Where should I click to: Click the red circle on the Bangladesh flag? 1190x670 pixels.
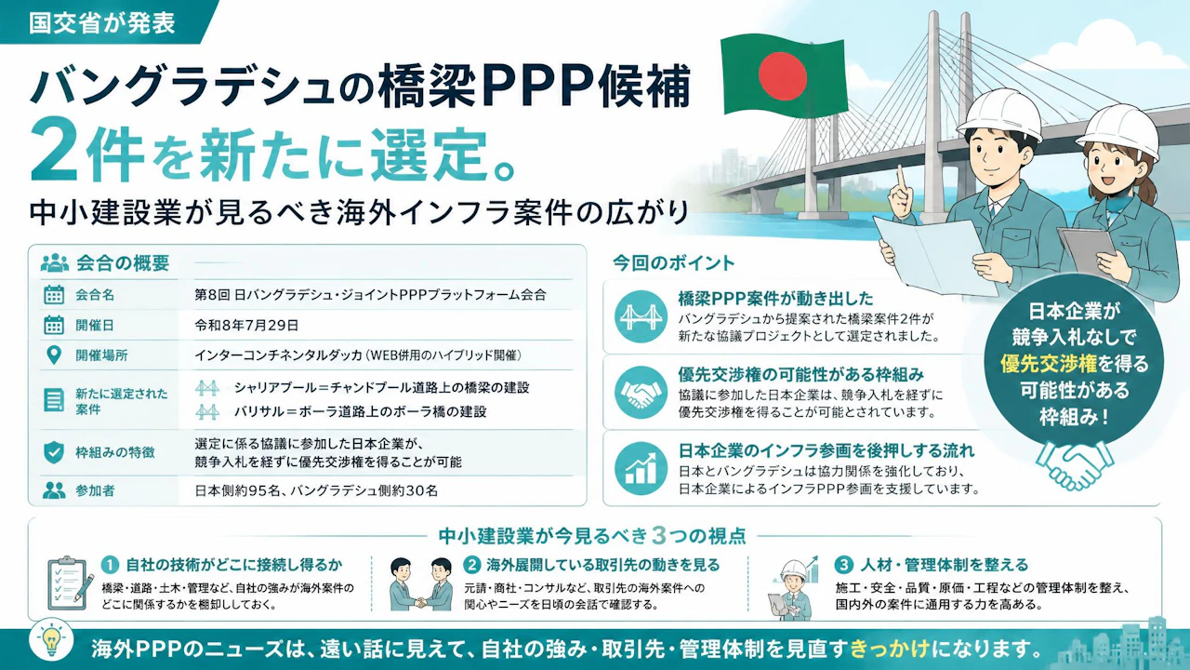783,76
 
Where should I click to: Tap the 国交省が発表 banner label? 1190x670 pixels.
102,23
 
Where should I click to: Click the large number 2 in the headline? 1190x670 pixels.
58,151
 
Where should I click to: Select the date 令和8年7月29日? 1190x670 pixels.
246,325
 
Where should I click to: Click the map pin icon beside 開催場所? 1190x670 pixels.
54,355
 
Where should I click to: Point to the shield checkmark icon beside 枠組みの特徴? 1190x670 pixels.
54,452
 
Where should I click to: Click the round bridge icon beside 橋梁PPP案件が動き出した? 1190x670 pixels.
641,316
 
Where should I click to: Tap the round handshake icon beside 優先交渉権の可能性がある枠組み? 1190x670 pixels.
641,393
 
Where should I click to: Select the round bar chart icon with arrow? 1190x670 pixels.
641,468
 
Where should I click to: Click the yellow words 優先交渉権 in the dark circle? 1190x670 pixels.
1048,364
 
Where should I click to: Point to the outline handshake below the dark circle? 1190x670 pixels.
1075,464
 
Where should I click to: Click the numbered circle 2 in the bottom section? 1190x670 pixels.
470,565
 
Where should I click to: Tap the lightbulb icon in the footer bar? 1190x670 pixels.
51,640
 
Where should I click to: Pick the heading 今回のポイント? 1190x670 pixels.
674,262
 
